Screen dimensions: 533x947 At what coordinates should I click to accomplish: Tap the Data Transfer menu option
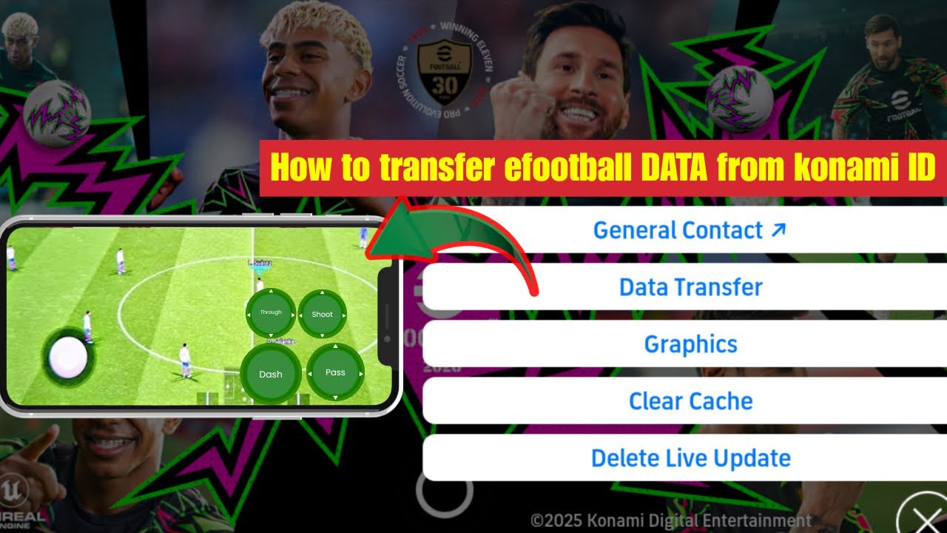tap(690, 287)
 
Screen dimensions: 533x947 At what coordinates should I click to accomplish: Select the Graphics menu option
tap(690, 344)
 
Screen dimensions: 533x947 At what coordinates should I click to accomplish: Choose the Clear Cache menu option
tap(690, 401)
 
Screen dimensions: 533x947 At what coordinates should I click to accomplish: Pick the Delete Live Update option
tap(690, 458)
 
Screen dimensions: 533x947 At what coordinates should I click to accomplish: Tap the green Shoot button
tap(322, 315)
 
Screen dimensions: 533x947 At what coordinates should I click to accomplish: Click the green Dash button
tap(271, 374)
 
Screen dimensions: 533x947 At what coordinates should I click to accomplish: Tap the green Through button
tap(271, 313)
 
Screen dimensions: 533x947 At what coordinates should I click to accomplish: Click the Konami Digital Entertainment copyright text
tap(670, 520)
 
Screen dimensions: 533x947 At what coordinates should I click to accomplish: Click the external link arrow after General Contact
tap(778, 229)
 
